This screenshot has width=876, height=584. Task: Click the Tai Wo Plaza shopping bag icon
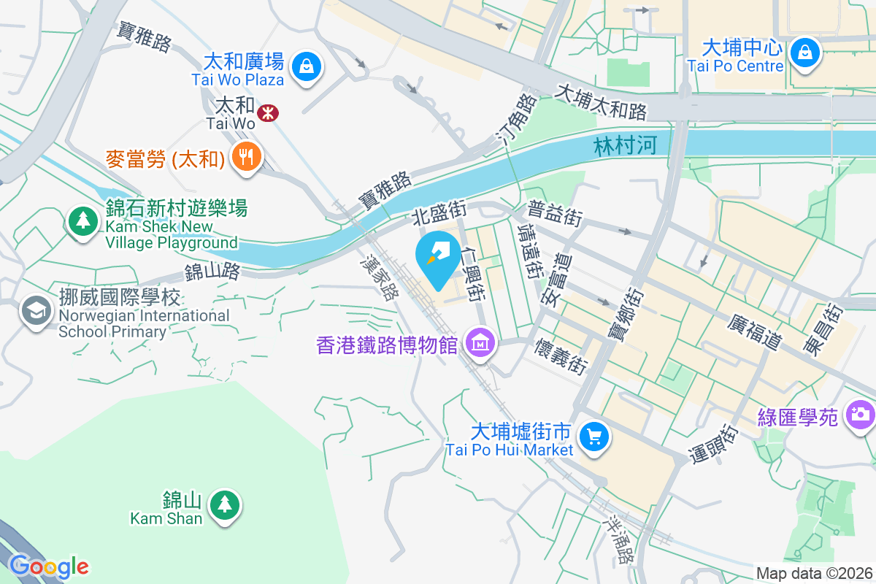pyautogui.click(x=307, y=67)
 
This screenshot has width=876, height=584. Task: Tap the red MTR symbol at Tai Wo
pyautogui.click(x=268, y=112)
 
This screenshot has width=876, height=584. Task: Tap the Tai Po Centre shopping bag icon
pyautogui.click(x=804, y=52)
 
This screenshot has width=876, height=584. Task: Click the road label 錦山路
pyautogui.click(x=212, y=272)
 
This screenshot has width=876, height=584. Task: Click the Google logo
pyautogui.click(x=49, y=566)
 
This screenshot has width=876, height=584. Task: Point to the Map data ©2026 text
pyautogui.click(x=813, y=573)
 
